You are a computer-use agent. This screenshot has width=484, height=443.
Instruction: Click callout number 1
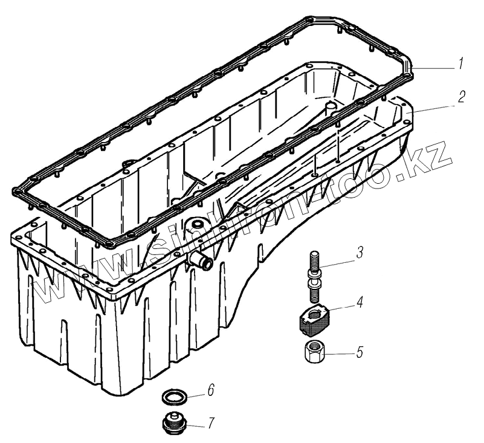click(x=460, y=64)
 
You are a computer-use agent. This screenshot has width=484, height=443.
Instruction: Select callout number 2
click(x=461, y=97)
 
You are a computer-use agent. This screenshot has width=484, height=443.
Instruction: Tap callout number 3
click(x=360, y=252)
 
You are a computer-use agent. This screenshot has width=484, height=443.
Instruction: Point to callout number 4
click(x=360, y=302)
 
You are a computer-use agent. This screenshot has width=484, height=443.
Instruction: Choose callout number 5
click(x=360, y=352)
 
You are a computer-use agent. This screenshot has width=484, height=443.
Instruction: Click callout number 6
click(x=210, y=390)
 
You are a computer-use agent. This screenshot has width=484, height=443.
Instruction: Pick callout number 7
click(x=211, y=423)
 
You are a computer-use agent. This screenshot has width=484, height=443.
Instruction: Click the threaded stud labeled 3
click(x=314, y=276)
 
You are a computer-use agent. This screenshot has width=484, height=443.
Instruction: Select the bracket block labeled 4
click(x=315, y=320)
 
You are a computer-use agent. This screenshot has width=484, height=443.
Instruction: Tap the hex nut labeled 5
click(x=314, y=351)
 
